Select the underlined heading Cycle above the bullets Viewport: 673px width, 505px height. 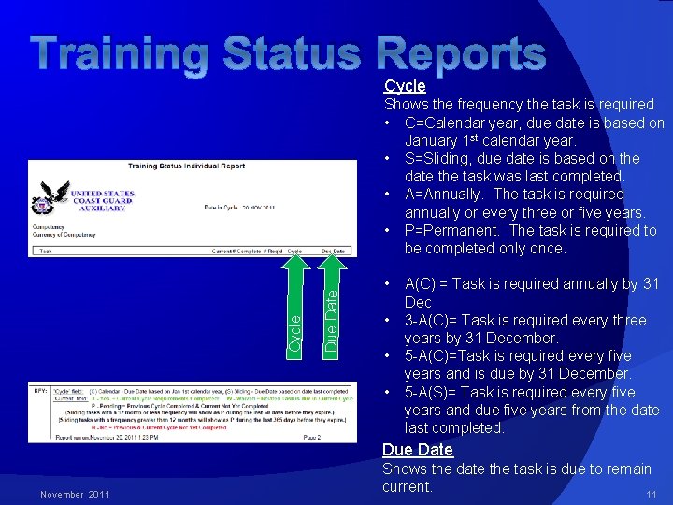point(405,86)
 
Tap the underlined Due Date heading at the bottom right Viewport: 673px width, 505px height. point(417,450)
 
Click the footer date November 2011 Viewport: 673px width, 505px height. point(76,494)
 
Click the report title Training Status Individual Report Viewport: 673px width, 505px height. point(186,166)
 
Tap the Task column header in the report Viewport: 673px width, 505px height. point(44,251)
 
